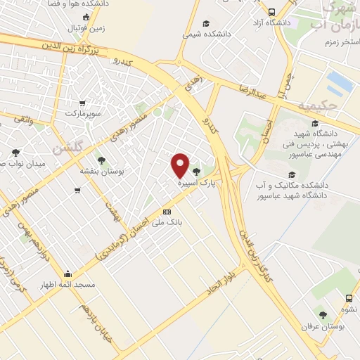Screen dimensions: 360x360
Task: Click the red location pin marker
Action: pos(181,165)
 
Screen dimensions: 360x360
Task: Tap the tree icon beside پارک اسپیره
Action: pos(195,172)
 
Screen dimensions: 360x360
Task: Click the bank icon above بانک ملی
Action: pos(167,211)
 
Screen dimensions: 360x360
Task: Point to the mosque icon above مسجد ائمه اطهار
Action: pos(67,274)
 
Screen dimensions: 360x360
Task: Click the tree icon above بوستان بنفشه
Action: pos(101,160)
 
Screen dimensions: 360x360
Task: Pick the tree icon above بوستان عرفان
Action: pos(323,316)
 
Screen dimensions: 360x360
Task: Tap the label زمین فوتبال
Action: pos(86,28)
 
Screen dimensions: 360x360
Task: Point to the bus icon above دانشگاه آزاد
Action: pos(272,12)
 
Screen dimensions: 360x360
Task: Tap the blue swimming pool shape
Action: pos(340,82)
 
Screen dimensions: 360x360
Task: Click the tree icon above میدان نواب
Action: pos(15,153)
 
